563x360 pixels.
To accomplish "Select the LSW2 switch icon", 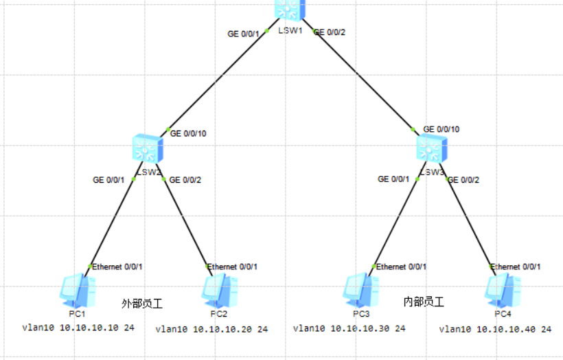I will click(x=148, y=148).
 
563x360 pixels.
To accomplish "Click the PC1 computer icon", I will click(x=75, y=290).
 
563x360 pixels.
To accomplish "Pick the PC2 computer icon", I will click(x=220, y=290).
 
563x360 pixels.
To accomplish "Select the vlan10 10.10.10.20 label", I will click(x=211, y=329).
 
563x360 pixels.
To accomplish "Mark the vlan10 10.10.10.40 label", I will click(x=495, y=329).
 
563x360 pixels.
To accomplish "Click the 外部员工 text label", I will click(x=141, y=303).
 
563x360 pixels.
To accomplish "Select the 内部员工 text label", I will click(x=424, y=302).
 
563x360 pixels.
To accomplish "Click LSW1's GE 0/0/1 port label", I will click(x=245, y=33).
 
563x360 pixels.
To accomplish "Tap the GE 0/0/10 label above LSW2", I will click(x=187, y=133).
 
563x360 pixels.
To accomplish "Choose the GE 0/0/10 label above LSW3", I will click(x=441, y=129).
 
